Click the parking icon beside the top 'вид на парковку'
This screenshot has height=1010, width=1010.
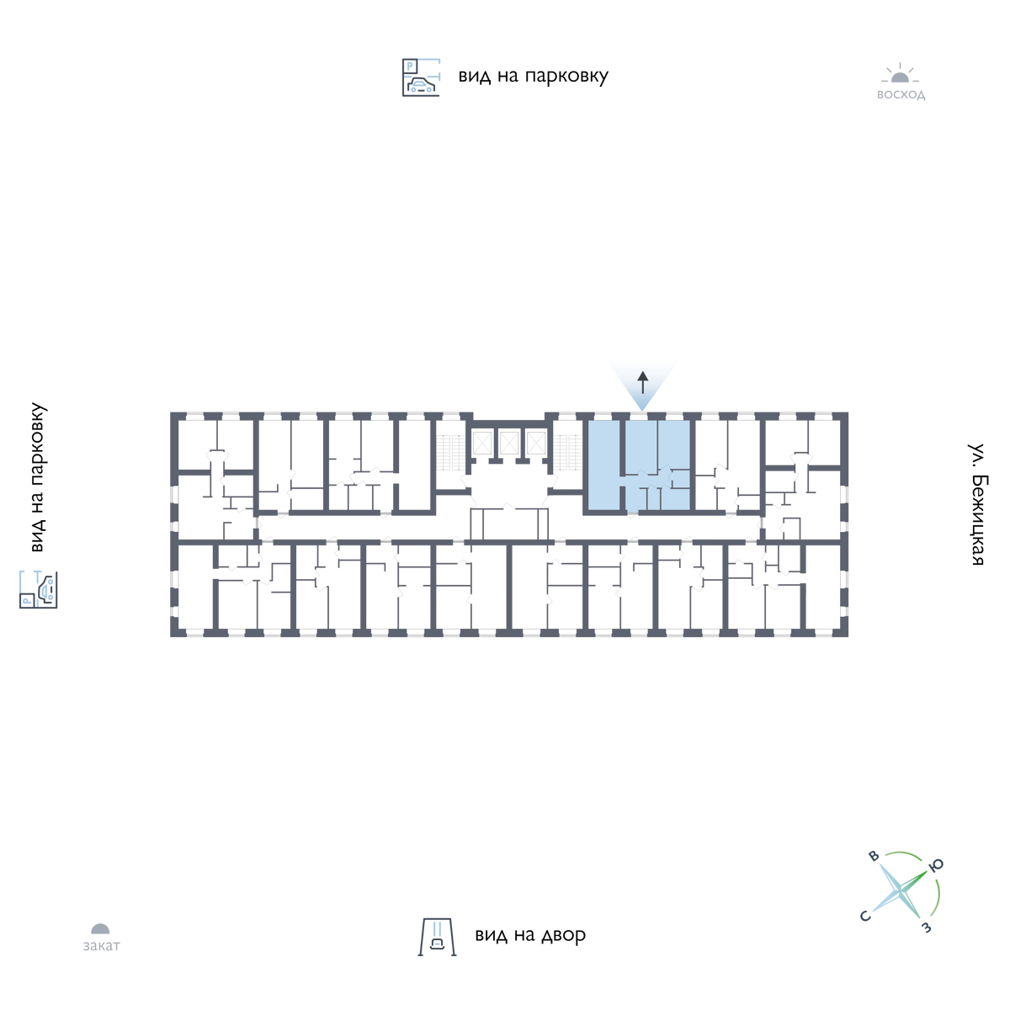(x=421, y=77)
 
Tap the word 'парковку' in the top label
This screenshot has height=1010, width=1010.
(x=566, y=77)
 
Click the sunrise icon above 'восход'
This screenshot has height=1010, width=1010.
(x=900, y=73)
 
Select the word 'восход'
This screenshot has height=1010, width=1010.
(x=901, y=95)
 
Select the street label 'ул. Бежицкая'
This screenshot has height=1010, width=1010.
(x=976, y=504)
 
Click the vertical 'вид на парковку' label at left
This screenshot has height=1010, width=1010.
(x=38, y=477)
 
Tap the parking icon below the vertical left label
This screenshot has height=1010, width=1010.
(x=38, y=590)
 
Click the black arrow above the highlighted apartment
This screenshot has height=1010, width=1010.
(x=642, y=383)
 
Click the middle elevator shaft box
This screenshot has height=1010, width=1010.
(x=509, y=443)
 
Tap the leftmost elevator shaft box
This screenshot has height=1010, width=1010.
(x=481, y=443)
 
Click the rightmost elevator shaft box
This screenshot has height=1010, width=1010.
(x=536, y=443)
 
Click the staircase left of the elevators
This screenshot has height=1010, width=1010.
(x=451, y=452)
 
